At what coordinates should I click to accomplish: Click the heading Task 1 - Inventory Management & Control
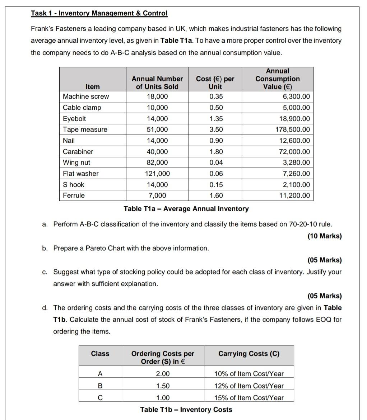[x=99, y=13]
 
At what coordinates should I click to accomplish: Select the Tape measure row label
[x=85, y=129]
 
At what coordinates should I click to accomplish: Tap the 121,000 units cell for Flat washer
[x=157, y=174]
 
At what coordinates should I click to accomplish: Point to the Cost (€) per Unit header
[x=215, y=82]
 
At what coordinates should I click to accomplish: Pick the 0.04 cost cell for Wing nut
[x=216, y=162]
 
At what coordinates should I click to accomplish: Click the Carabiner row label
[x=78, y=152]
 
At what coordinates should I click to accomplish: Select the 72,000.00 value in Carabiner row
[x=294, y=152]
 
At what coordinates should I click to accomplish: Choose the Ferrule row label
[x=74, y=195]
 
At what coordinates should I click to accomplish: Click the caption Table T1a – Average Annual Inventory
[x=186, y=209]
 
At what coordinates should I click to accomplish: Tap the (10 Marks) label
[x=325, y=236]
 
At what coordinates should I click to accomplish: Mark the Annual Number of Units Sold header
[x=157, y=82]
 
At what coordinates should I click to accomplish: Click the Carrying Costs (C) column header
[x=248, y=354]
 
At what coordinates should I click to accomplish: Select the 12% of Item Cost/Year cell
[x=248, y=386]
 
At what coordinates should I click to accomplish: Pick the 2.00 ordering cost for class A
[x=163, y=374]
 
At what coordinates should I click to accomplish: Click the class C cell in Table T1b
[x=100, y=398]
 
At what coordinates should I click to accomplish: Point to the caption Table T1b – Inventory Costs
[x=186, y=410]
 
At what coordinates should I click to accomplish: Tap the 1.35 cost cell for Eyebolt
[x=216, y=119]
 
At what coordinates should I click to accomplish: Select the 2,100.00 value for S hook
[x=296, y=185]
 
